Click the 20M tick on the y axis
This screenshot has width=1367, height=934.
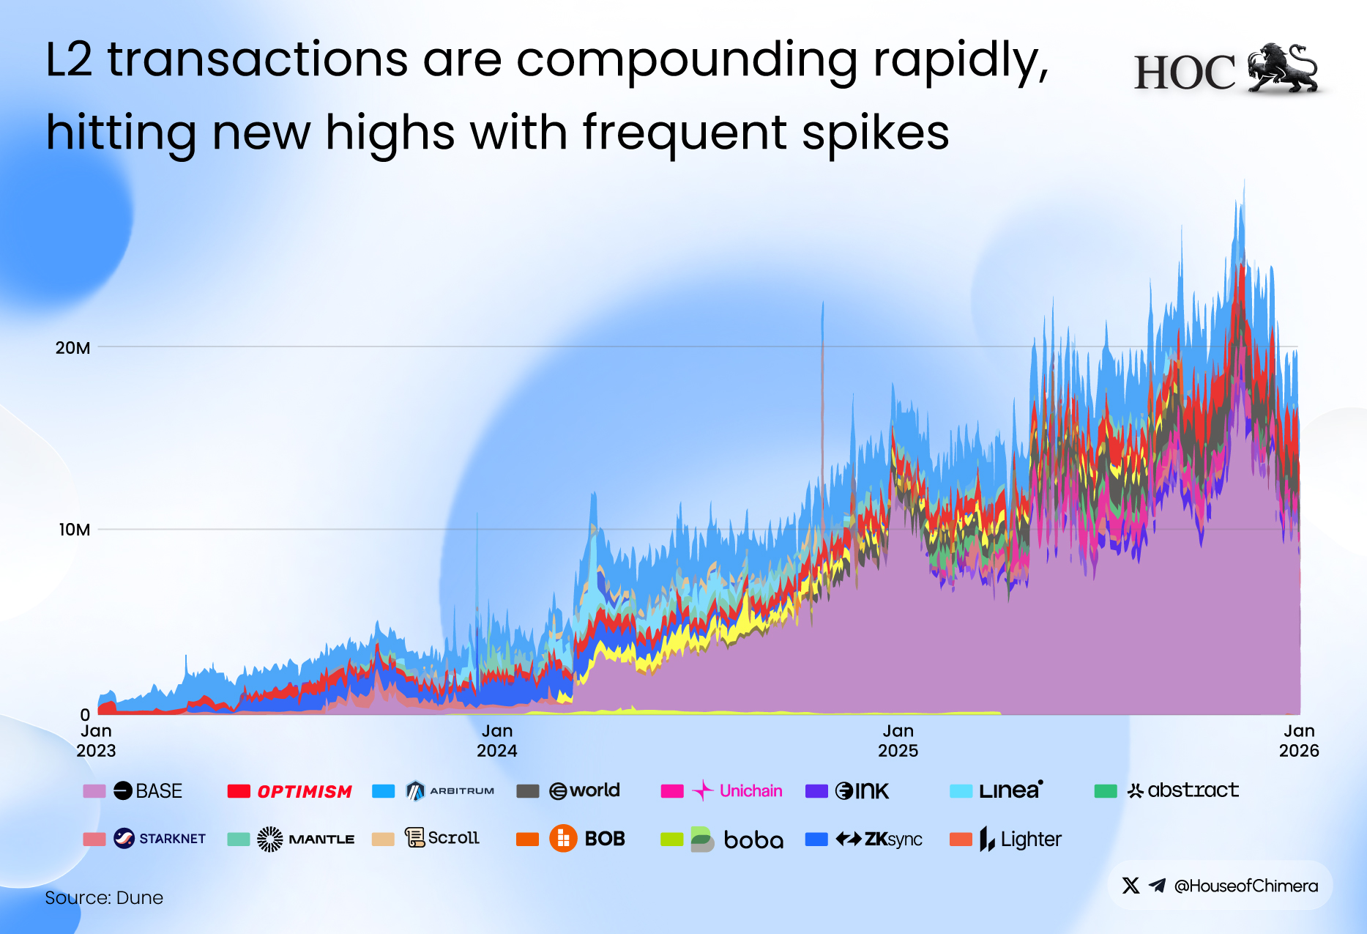click(x=72, y=348)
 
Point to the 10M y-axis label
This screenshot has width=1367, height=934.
click(x=74, y=530)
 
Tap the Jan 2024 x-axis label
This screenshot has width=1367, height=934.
click(x=497, y=741)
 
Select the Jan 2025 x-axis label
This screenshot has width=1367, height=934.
click(x=898, y=741)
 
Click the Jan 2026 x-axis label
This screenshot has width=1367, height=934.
click(x=1299, y=741)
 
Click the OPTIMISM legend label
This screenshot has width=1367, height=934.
click(x=305, y=792)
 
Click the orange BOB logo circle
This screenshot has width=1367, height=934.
click(x=563, y=839)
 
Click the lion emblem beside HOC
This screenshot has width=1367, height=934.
click(x=1283, y=68)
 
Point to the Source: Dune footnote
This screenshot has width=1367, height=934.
click(x=104, y=897)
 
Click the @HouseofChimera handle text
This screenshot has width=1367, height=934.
click(x=1245, y=886)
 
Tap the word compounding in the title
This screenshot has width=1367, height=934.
click(x=687, y=62)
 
